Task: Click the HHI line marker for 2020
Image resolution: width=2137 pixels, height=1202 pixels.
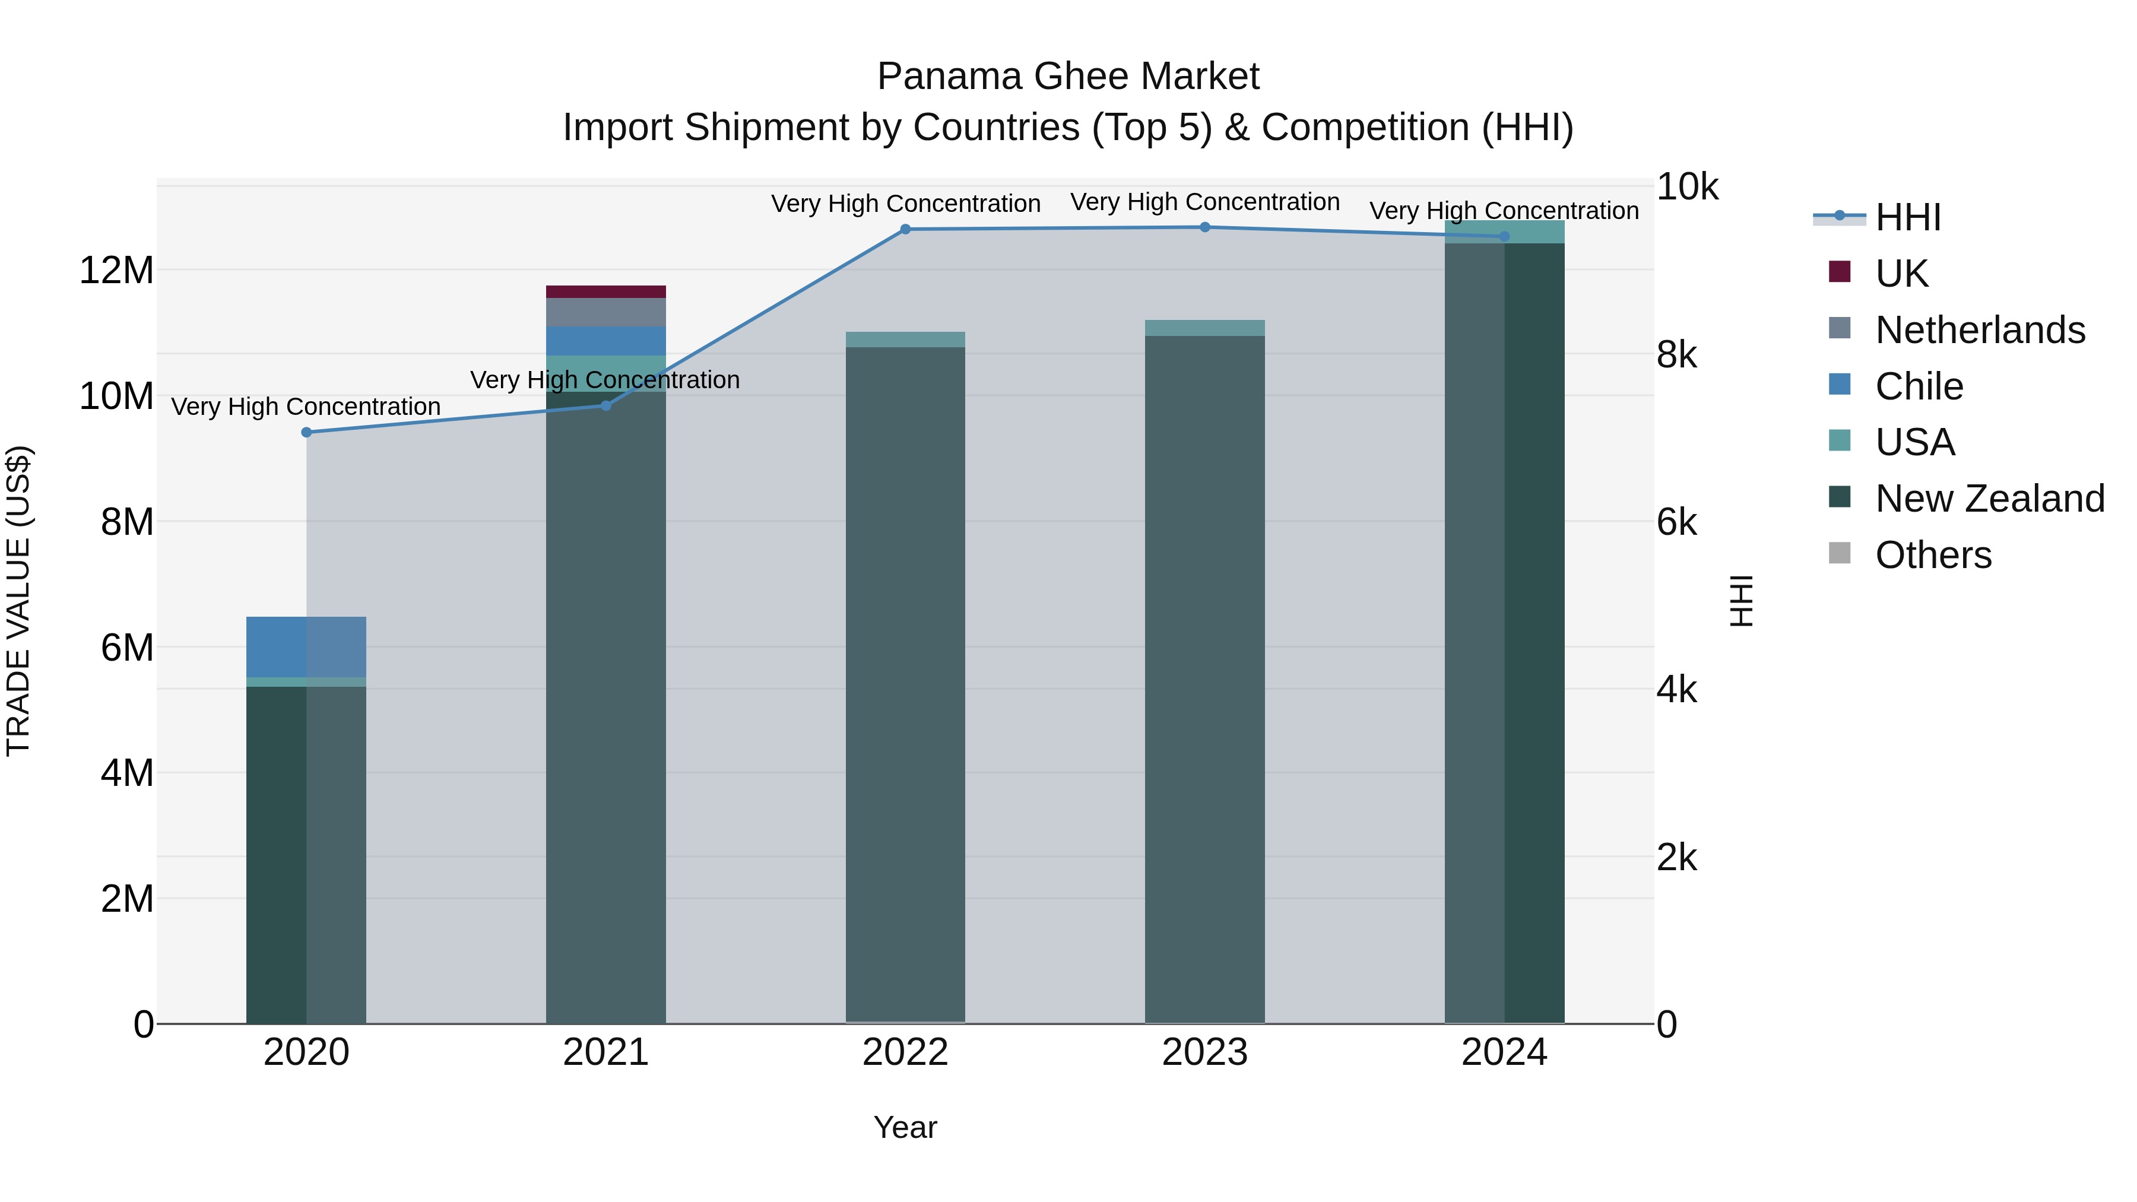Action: point(306,432)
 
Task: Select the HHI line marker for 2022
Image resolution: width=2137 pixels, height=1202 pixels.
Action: point(905,229)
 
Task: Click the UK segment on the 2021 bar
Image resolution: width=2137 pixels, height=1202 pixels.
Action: point(605,291)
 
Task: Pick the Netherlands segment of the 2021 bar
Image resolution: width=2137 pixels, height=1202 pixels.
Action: point(605,312)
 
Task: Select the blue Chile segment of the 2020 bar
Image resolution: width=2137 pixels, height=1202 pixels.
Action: point(306,647)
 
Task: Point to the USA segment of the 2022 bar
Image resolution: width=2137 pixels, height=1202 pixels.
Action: point(905,340)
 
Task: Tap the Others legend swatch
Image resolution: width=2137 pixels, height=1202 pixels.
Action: point(1839,553)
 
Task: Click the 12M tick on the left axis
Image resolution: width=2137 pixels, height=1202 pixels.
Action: point(116,271)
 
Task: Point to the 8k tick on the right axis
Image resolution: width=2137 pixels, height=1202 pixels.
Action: point(1676,355)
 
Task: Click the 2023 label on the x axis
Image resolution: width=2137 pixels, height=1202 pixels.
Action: point(1204,1052)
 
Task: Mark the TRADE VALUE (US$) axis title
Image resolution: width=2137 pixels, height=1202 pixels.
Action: point(18,601)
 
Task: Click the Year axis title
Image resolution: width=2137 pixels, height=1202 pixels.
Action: point(905,1127)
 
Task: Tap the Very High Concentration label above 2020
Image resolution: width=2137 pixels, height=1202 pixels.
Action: point(306,407)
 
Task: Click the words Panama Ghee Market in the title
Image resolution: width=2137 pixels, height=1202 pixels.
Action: point(1068,77)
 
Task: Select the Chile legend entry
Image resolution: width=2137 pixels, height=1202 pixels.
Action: point(1918,386)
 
